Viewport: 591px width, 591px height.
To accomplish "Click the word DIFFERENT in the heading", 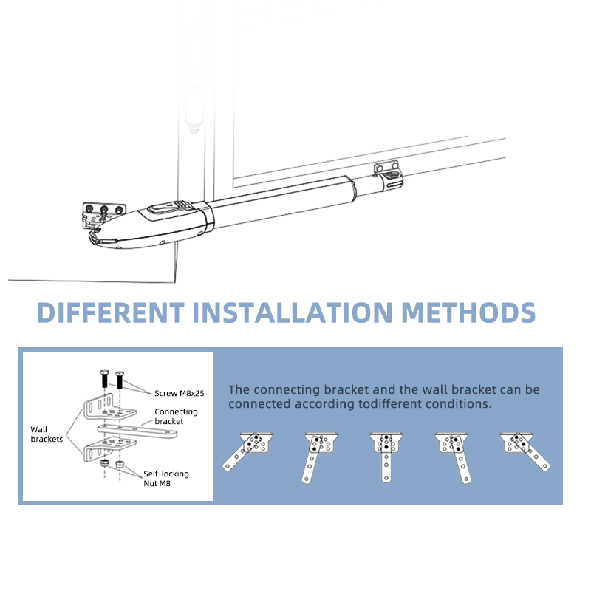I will click(111, 312).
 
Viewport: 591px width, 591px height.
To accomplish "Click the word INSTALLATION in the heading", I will click(293, 312).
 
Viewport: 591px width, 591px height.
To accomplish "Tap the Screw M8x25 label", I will click(179, 393).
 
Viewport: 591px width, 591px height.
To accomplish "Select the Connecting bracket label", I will click(176, 416).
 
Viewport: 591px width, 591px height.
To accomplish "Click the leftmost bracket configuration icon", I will click(248, 451).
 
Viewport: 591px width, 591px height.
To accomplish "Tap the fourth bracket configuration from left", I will click(455, 456).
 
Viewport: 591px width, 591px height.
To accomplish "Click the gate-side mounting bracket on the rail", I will click(389, 173).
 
